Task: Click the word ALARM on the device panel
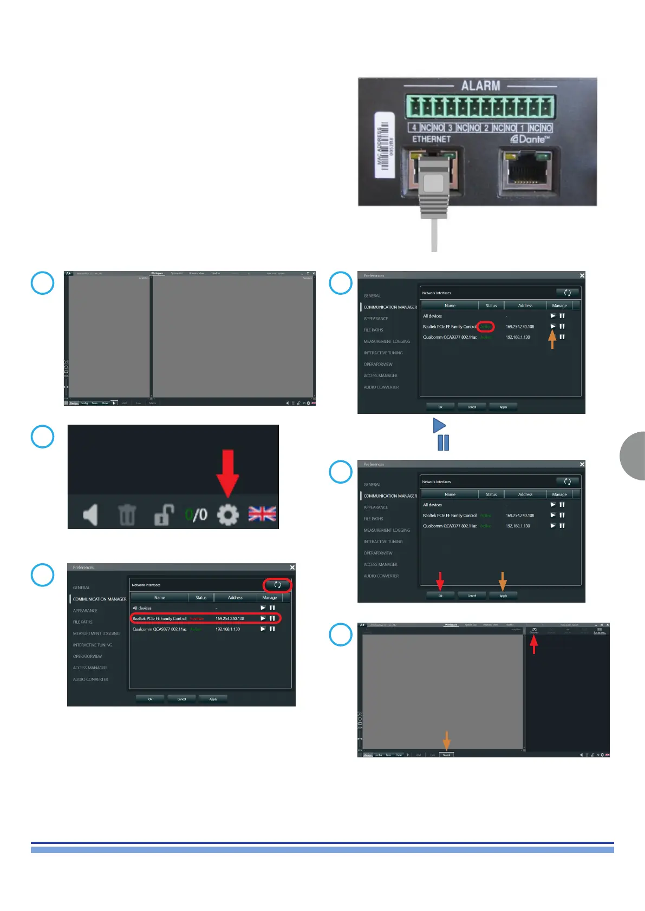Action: (480, 86)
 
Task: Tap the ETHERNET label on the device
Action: (431, 139)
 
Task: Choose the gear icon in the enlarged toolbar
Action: (227, 514)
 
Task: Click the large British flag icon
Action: (262, 514)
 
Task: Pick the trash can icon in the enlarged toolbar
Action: (127, 514)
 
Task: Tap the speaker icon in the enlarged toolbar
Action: (90, 514)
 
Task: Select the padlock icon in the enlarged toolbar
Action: (164, 514)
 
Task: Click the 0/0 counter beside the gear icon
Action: (196, 514)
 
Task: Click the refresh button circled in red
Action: (277, 585)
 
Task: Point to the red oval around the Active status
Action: (486, 326)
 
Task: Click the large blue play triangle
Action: (439, 425)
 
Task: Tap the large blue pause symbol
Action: (443, 443)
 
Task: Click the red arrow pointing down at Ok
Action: (440, 580)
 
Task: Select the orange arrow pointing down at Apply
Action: (503, 580)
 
